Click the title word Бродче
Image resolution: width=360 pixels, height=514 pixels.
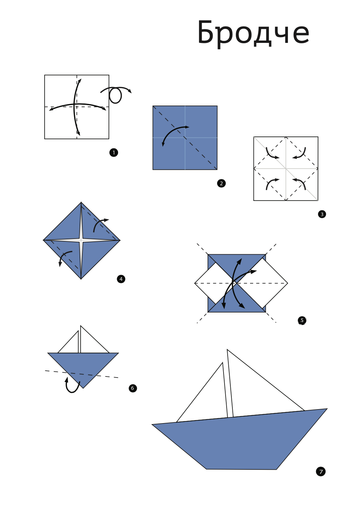tap(253, 33)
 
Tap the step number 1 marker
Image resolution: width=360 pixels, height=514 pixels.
tap(114, 152)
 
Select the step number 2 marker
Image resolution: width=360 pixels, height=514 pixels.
tap(221, 183)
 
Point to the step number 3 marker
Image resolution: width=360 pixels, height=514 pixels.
tap(322, 214)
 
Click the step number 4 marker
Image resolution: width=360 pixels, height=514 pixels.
tap(121, 279)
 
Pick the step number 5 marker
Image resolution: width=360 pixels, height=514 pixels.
tap(302, 320)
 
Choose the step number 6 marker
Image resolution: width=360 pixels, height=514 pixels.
tap(133, 388)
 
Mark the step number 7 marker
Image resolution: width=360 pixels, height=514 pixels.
tap(321, 471)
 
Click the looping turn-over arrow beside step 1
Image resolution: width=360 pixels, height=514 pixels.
tap(116, 94)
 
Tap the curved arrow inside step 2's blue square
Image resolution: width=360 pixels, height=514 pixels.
tap(174, 133)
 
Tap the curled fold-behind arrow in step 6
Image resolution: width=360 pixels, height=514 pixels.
tap(72, 386)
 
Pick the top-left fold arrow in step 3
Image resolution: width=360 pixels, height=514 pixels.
tap(272, 154)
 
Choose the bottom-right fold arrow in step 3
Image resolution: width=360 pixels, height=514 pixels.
tap(300, 183)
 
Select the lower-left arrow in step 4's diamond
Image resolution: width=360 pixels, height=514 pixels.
tap(65, 257)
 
